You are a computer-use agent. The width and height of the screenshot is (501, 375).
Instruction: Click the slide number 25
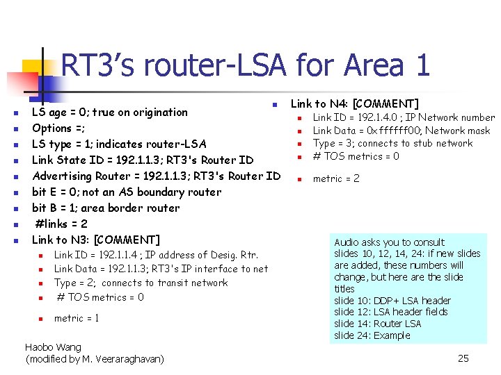[x=463, y=358]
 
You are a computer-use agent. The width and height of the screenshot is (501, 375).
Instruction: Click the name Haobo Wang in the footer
[x=53, y=347]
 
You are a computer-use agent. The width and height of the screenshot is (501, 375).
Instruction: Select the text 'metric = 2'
[x=336, y=178]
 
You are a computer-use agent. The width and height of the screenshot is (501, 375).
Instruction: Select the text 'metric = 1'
[x=77, y=318]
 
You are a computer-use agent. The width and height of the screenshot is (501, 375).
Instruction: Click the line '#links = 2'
[x=61, y=224]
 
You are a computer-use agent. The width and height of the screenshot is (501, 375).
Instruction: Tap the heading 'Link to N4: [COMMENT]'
[x=354, y=103]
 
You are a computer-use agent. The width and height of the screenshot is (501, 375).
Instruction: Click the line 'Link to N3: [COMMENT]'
[x=96, y=240]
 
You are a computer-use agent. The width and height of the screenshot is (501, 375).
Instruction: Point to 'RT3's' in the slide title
[x=100, y=66]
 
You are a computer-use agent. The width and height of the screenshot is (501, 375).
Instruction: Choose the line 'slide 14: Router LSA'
[x=377, y=324]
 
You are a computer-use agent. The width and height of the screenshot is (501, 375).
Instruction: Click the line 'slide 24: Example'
[x=372, y=335]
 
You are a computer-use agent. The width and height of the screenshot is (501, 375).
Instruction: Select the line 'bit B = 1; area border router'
[x=106, y=208]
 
